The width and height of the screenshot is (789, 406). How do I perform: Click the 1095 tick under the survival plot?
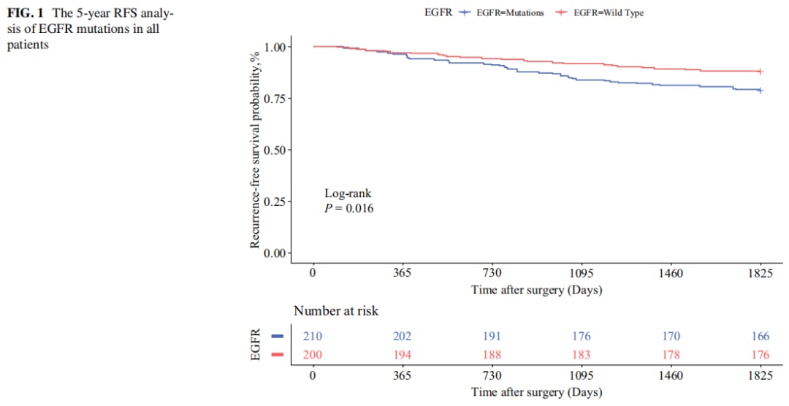pos(582,273)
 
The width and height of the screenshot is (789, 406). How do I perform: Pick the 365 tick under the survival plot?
pos(403,273)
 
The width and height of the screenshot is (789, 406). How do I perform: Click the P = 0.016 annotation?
pos(350,208)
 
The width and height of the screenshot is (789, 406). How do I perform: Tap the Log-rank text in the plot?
pos(348,194)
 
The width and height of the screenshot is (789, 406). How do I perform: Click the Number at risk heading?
pos(336,310)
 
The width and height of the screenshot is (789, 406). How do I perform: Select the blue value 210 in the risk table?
pos(313,337)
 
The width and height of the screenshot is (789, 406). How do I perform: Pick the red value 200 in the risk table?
pos(313,355)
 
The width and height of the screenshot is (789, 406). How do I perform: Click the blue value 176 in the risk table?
pos(582,337)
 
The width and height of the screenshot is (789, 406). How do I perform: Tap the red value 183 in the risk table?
pos(582,355)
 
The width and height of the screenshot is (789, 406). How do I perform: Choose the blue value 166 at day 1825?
pos(761,337)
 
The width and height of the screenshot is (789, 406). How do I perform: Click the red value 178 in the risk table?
pos(671,355)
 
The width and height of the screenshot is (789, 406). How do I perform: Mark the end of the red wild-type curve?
pos(761,72)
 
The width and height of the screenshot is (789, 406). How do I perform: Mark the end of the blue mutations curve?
pos(761,90)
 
